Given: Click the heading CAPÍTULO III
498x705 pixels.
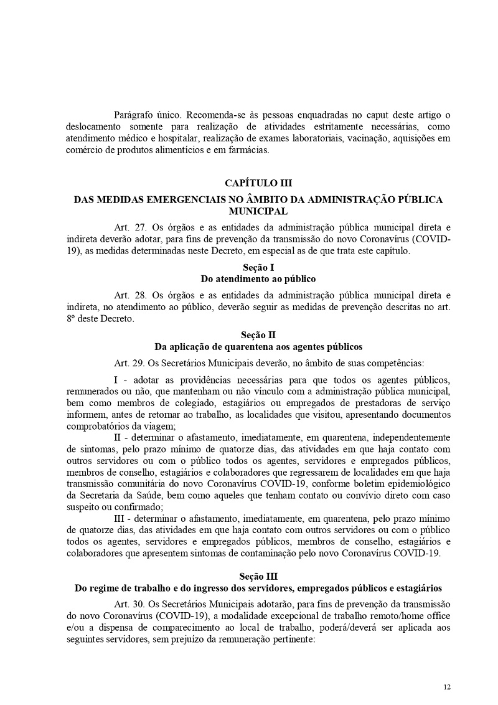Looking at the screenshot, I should [x=258, y=183].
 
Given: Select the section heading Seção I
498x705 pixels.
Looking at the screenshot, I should [x=258, y=267].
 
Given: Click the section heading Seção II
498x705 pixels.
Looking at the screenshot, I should [x=258, y=334].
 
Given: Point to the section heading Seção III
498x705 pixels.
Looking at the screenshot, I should [x=258, y=577].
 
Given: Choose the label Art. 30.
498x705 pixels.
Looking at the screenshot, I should [x=131, y=604].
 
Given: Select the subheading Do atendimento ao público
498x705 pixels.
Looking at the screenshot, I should [x=258, y=278].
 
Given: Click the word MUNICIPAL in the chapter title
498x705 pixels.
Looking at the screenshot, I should [x=258, y=212].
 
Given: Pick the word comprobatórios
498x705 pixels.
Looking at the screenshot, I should [x=100, y=427].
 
